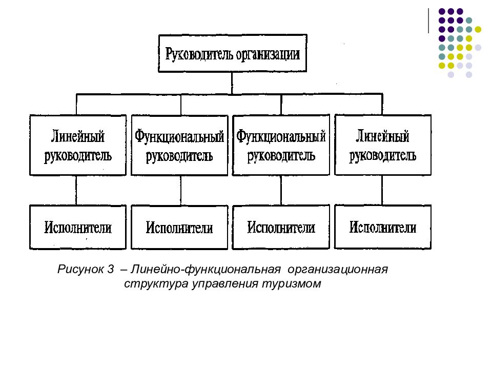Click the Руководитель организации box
click(232, 53)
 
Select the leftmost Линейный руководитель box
click(78, 145)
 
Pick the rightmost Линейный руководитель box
click(382, 145)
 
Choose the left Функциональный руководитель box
click(179, 146)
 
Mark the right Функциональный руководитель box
click(281, 145)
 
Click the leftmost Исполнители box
click(78, 227)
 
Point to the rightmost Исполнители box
click(382, 227)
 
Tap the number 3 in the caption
click(110, 270)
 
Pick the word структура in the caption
click(148, 284)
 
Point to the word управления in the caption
click(218, 284)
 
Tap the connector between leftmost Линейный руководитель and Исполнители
click(76, 190)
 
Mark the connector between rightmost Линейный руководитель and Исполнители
click(382, 190)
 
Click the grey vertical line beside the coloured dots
click(428, 20)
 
